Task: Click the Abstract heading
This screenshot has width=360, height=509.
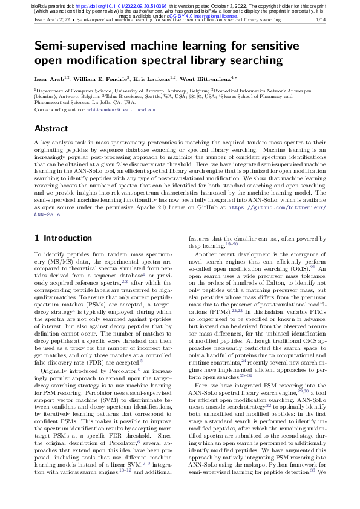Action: point(51,128)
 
